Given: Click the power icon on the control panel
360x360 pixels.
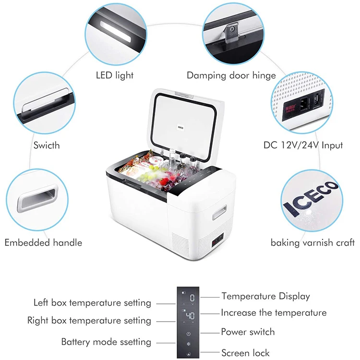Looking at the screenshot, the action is pos(189,333).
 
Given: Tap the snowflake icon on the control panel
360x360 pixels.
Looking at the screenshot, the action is pos(189,344).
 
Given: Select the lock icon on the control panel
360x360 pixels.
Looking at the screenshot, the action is pos(189,355).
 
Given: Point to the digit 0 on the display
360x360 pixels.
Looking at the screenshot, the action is pos(192,298).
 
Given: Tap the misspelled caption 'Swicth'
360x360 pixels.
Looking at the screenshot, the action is pos(47,144).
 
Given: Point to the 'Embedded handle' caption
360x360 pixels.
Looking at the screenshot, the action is pos(43,242).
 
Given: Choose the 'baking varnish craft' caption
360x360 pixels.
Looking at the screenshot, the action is pos(312,242).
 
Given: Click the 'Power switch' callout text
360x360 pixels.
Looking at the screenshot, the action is pos(248,332).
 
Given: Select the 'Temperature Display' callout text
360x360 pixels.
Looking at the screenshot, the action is pos(265,296).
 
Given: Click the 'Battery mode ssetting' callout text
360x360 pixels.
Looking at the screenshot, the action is pos(106,342).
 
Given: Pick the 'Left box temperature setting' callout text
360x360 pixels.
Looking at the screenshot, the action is pos(92,303).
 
